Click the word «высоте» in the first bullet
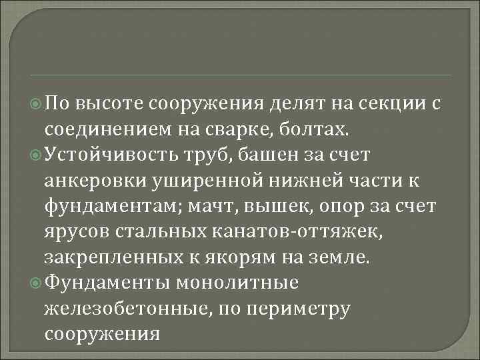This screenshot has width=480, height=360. [x=109, y=104]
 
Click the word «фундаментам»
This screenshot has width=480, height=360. [x=109, y=207]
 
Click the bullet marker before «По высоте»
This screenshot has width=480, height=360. [x=37, y=104]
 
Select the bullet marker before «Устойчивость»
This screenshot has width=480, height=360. [x=37, y=156]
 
